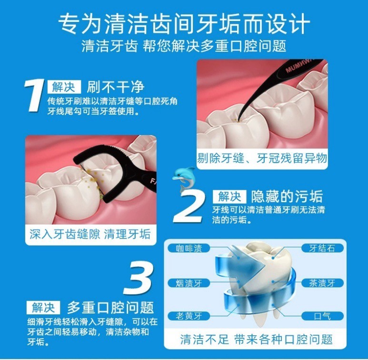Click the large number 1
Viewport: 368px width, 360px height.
point(35,95)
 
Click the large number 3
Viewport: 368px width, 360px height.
point(138,278)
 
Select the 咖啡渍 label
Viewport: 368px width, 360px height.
point(189,248)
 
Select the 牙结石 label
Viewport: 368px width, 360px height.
point(322,248)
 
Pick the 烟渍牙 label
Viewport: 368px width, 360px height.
point(189,283)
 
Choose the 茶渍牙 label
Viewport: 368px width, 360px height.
point(322,283)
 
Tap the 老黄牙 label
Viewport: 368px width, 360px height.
point(189,316)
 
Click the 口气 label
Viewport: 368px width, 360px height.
point(322,316)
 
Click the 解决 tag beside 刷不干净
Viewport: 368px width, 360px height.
point(64,87)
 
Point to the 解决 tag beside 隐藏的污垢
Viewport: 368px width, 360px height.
point(229,196)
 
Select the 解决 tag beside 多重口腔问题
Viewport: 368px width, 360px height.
point(43,307)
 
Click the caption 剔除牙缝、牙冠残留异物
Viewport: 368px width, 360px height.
point(262,158)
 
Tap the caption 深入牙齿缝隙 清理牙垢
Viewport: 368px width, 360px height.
point(90,234)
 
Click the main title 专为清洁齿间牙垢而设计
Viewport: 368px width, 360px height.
point(184,24)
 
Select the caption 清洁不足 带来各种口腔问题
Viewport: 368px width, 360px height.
point(256,339)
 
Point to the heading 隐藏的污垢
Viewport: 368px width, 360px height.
point(287,196)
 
